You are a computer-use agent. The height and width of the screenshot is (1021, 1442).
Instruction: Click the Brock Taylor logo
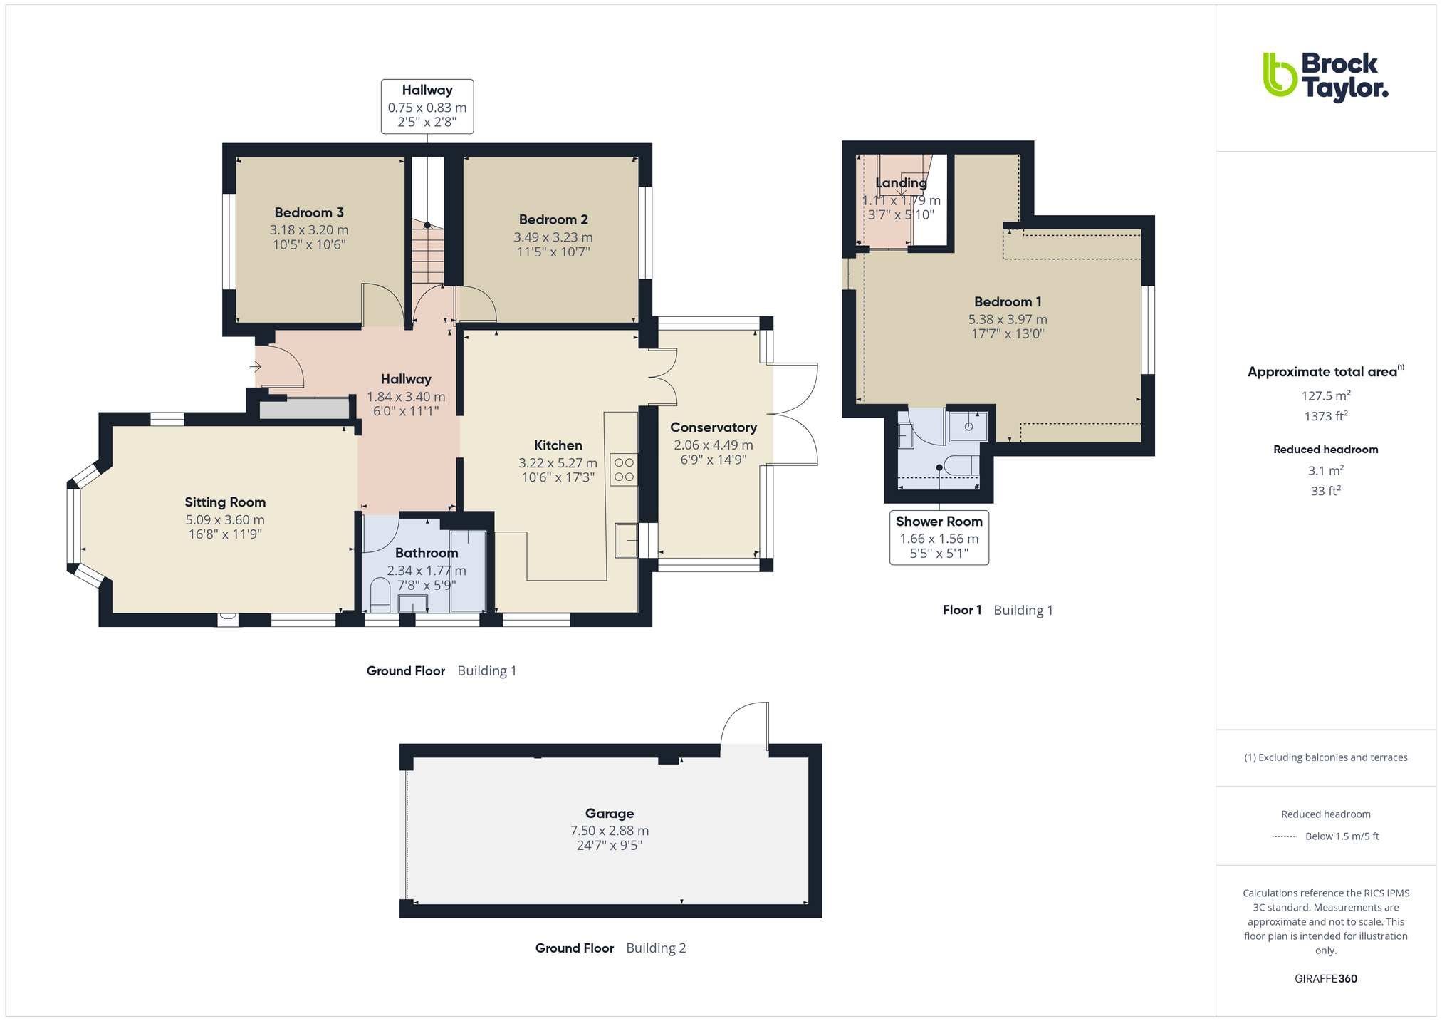tap(1325, 77)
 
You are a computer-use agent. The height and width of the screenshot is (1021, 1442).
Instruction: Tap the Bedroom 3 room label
tap(309, 212)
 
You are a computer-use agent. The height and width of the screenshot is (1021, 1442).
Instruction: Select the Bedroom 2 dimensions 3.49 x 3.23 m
tap(553, 237)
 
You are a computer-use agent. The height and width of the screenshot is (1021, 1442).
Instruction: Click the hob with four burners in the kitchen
tap(624, 470)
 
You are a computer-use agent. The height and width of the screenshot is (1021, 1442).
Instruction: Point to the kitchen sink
tap(627, 540)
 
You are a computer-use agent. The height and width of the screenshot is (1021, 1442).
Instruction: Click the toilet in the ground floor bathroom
tap(380, 596)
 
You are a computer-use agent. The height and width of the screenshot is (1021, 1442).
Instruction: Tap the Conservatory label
tap(714, 427)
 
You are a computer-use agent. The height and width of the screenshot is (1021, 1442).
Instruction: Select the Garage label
tap(610, 813)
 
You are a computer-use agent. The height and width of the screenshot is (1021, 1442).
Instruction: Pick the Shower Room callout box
tap(939, 538)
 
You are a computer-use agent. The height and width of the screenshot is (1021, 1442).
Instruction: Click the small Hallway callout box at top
tap(427, 107)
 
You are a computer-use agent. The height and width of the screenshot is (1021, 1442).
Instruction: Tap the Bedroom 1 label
tap(1008, 302)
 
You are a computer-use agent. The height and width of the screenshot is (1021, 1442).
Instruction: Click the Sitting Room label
tap(225, 502)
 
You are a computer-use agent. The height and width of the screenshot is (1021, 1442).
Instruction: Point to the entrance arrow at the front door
tap(256, 367)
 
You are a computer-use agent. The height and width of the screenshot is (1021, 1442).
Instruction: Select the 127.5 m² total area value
tap(1326, 395)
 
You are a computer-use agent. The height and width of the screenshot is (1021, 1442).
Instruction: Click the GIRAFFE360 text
tap(1326, 978)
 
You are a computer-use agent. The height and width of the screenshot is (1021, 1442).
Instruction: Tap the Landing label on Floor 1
tap(902, 183)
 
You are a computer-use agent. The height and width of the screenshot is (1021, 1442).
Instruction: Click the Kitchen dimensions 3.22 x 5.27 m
tap(558, 463)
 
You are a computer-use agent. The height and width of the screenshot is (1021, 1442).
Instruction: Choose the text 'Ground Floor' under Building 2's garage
tap(575, 948)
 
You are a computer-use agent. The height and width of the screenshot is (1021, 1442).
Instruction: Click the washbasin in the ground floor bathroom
tap(413, 603)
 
